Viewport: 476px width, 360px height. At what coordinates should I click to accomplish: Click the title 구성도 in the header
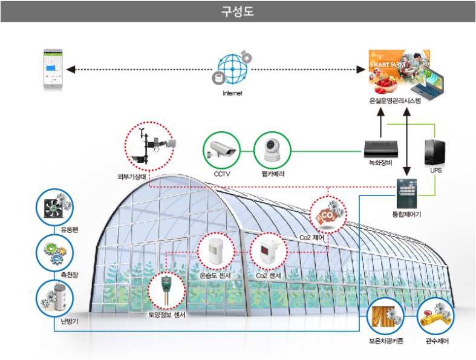click(x=238, y=11)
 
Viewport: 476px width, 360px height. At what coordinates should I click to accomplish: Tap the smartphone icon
click(x=53, y=70)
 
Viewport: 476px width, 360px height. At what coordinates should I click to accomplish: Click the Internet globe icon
click(x=233, y=70)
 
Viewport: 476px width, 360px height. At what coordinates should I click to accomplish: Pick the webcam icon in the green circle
click(x=272, y=149)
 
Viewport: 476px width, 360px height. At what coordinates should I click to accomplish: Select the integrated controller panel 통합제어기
click(x=407, y=194)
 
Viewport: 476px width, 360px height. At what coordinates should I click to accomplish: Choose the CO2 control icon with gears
click(x=328, y=214)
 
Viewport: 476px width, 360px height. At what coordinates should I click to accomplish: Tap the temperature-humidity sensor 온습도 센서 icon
click(x=217, y=250)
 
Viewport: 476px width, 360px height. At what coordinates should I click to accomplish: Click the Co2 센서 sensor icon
click(x=268, y=250)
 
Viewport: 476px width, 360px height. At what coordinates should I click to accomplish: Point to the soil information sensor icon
click(x=167, y=290)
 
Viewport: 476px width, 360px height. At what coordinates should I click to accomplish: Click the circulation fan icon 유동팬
click(x=54, y=207)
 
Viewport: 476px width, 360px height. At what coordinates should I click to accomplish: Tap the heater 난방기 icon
click(x=54, y=298)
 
